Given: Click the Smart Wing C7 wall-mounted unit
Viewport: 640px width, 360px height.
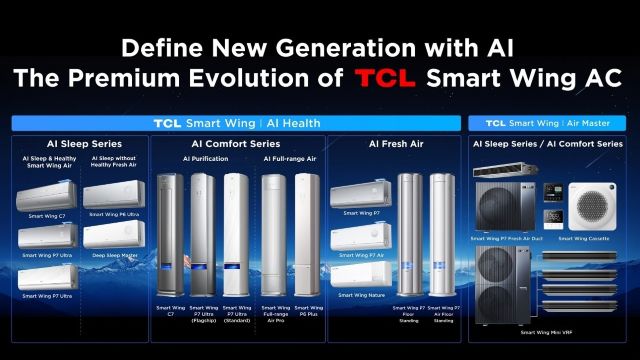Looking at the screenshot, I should click(47, 197).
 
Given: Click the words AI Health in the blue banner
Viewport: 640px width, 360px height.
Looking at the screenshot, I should click(296, 123).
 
